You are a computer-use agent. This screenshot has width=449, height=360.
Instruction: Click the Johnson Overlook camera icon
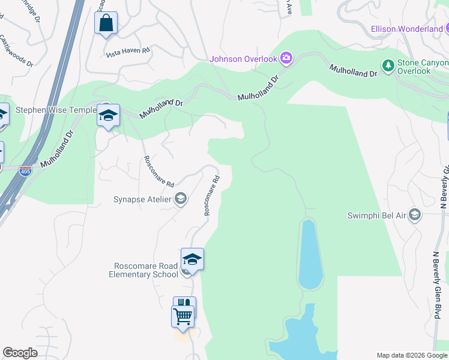[286, 58]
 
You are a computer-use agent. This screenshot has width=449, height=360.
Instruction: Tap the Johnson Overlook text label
[243, 59]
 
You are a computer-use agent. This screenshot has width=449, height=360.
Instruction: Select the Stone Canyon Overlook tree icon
[388, 65]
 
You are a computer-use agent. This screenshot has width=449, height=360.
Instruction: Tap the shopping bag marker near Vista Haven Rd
[106, 24]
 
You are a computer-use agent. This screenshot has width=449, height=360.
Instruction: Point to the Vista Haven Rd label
[127, 52]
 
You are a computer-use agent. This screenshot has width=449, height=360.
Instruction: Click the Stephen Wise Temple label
[56, 110]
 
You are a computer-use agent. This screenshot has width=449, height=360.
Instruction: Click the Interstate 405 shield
[25, 171]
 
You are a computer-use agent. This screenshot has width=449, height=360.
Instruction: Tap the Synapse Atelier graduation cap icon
[180, 199]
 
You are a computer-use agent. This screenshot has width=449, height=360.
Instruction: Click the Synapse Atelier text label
[142, 199]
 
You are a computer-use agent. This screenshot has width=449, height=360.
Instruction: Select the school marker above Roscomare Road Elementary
[192, 260]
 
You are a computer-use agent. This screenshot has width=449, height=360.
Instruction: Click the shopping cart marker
[182, 316]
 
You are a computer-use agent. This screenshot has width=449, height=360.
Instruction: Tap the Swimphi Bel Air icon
[414, 215]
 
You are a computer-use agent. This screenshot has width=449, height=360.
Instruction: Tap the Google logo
[20, 353]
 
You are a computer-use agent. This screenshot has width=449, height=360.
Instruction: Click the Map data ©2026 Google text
[411, 355]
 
